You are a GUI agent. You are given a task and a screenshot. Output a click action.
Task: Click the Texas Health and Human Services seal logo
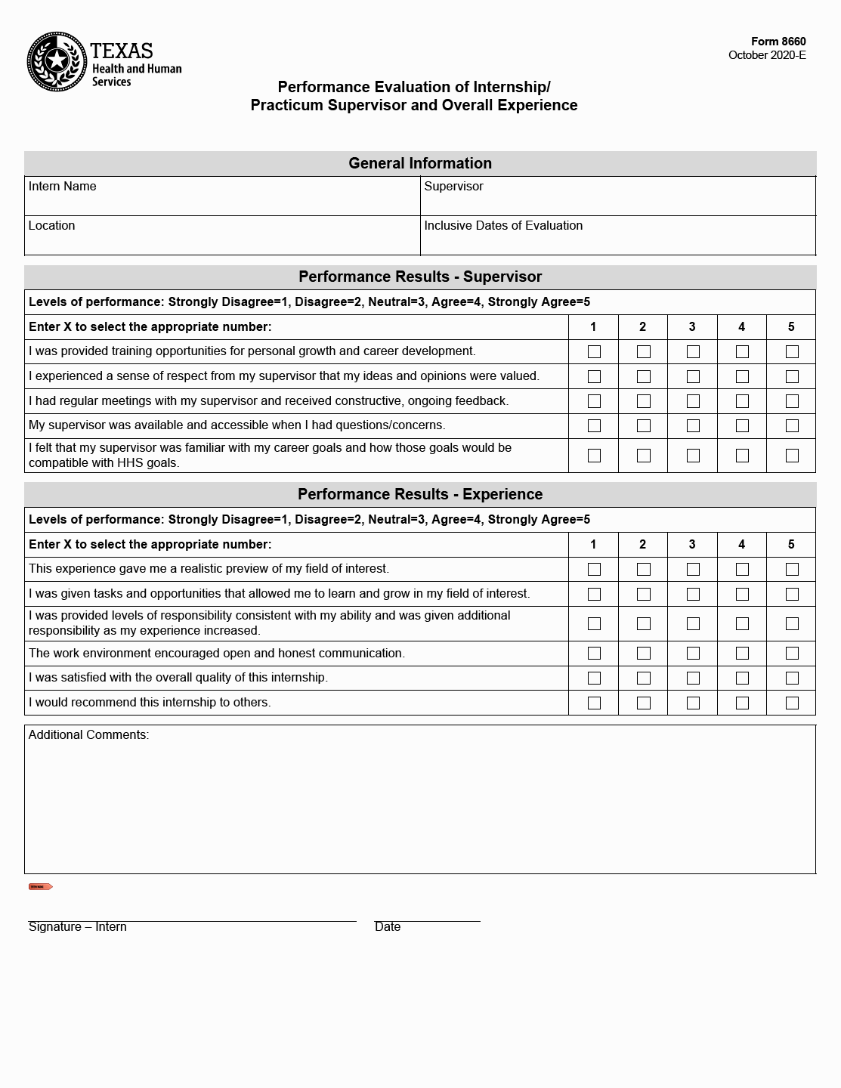coord(57,61)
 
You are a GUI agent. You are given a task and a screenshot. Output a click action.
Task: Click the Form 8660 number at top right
coord(778,42)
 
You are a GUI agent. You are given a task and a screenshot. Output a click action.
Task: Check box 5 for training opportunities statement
coord(792,351)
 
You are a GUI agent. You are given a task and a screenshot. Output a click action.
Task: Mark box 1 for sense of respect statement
coord(594,376)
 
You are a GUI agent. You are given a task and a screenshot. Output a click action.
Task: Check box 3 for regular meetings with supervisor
coord(693,401)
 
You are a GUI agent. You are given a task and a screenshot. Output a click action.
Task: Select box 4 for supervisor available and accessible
coord(742,425)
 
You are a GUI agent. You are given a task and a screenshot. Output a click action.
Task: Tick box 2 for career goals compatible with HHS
coord(644,456)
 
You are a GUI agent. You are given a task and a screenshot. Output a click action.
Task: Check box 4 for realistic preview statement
coord(742,569)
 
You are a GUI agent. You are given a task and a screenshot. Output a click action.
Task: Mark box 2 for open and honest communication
coord(644,653)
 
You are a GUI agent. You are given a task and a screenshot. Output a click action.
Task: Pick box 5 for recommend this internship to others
coord(792,703)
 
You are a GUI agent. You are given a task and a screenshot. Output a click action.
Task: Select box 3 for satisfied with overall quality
coord(693,678)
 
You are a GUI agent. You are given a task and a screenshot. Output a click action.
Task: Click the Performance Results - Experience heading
coord(420,494)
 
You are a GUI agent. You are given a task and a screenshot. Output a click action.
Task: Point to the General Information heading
coord(420,163)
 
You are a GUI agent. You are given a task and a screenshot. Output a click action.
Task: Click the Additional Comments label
coord(88,734)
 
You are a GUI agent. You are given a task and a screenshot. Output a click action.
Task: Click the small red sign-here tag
coord(40,886)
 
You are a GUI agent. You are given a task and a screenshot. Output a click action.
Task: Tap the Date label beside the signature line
coord(388,927)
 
